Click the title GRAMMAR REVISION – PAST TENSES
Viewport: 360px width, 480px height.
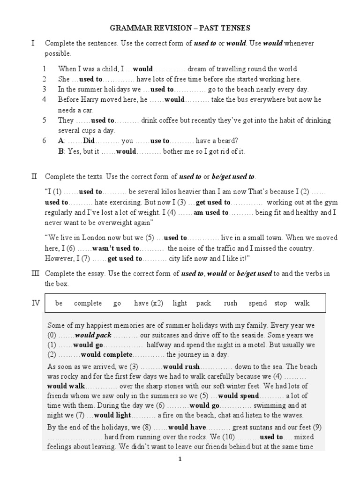(180, 28)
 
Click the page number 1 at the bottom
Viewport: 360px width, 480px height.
(180, 460)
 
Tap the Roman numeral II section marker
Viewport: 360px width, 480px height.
(33, 177)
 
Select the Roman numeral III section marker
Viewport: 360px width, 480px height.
(34, 273)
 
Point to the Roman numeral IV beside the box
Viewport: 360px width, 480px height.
(36, 303)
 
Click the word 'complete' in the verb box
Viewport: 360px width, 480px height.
(88, 303)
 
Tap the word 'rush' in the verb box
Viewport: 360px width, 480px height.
(231, 303)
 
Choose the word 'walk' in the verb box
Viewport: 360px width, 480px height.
(302, 303)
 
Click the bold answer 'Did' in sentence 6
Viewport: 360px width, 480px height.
(89, 140)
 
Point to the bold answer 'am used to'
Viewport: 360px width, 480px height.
(211, 212)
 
